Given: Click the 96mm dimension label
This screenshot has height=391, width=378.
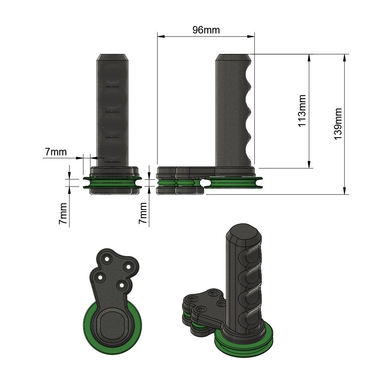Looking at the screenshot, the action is tap(206, 30).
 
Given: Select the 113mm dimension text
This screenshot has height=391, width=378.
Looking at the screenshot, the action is tap(302, 111).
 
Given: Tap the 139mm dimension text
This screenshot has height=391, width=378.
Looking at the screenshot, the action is tap(338, 124).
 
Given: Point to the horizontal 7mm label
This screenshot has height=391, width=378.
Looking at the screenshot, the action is tap(56, 152).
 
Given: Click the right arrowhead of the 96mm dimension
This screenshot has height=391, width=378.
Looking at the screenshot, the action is tap(251, 37).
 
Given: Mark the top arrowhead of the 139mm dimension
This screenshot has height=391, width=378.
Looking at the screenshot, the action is tap(345, 58).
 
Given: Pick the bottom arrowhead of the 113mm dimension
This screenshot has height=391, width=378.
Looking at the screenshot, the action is tap(309, 164).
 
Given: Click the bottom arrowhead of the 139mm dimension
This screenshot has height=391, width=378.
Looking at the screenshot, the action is tap(345, 190).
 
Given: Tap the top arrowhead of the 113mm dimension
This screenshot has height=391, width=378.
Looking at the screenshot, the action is tap(309, 58).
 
